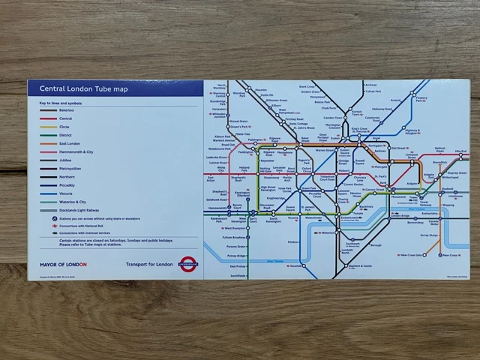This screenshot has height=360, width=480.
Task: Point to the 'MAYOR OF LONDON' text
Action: click(x=64, y=265)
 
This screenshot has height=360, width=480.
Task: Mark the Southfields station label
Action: click(x=238, y=275)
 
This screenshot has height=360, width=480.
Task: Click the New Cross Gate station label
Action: click(x=415, y=255)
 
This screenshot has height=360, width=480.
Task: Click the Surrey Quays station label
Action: click(x=429, y=235)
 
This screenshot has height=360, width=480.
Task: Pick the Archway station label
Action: click(x=370, y=85)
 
